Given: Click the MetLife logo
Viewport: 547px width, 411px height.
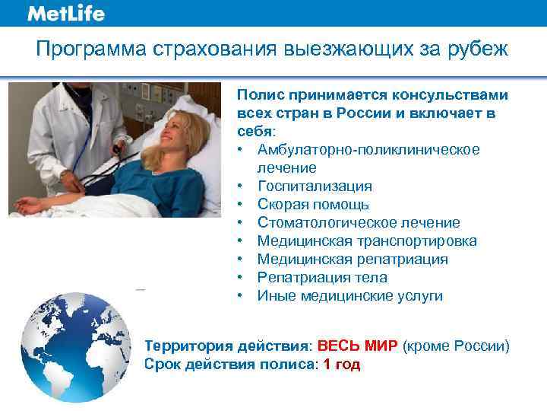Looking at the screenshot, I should (66, 14).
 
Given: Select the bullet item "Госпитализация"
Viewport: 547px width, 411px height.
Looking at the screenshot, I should (315, 186).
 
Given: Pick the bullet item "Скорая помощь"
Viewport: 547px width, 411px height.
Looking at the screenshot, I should (313, 204).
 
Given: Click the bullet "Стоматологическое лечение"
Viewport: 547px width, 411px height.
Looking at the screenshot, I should (358, 222).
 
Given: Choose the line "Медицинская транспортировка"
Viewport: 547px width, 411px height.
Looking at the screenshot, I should (367, 241).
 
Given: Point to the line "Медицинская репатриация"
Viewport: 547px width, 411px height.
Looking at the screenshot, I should (353, 259).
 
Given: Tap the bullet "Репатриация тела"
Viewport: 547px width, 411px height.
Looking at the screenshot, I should (322, 277).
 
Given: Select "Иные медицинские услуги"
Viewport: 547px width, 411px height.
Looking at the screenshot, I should (349, 295).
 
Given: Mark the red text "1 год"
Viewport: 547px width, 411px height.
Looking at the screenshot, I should (342, 365).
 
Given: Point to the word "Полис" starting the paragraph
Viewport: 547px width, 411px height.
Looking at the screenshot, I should (256, 95).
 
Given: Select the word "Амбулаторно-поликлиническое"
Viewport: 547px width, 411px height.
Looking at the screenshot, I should (368, 149).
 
